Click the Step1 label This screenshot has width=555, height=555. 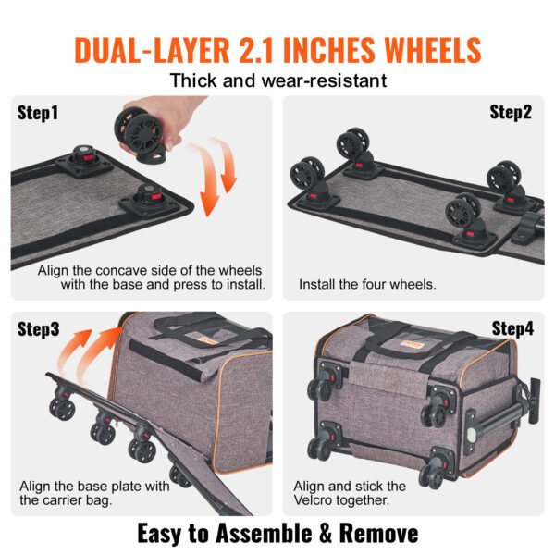pos(38,114)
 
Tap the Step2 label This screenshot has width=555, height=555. pos(511,113)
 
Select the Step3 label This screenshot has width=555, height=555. pos(38,329)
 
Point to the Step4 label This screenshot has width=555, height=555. pos(512,328)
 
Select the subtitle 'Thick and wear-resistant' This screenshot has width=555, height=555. pos(277,80)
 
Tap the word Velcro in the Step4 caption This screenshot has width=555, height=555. pos(318,501)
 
